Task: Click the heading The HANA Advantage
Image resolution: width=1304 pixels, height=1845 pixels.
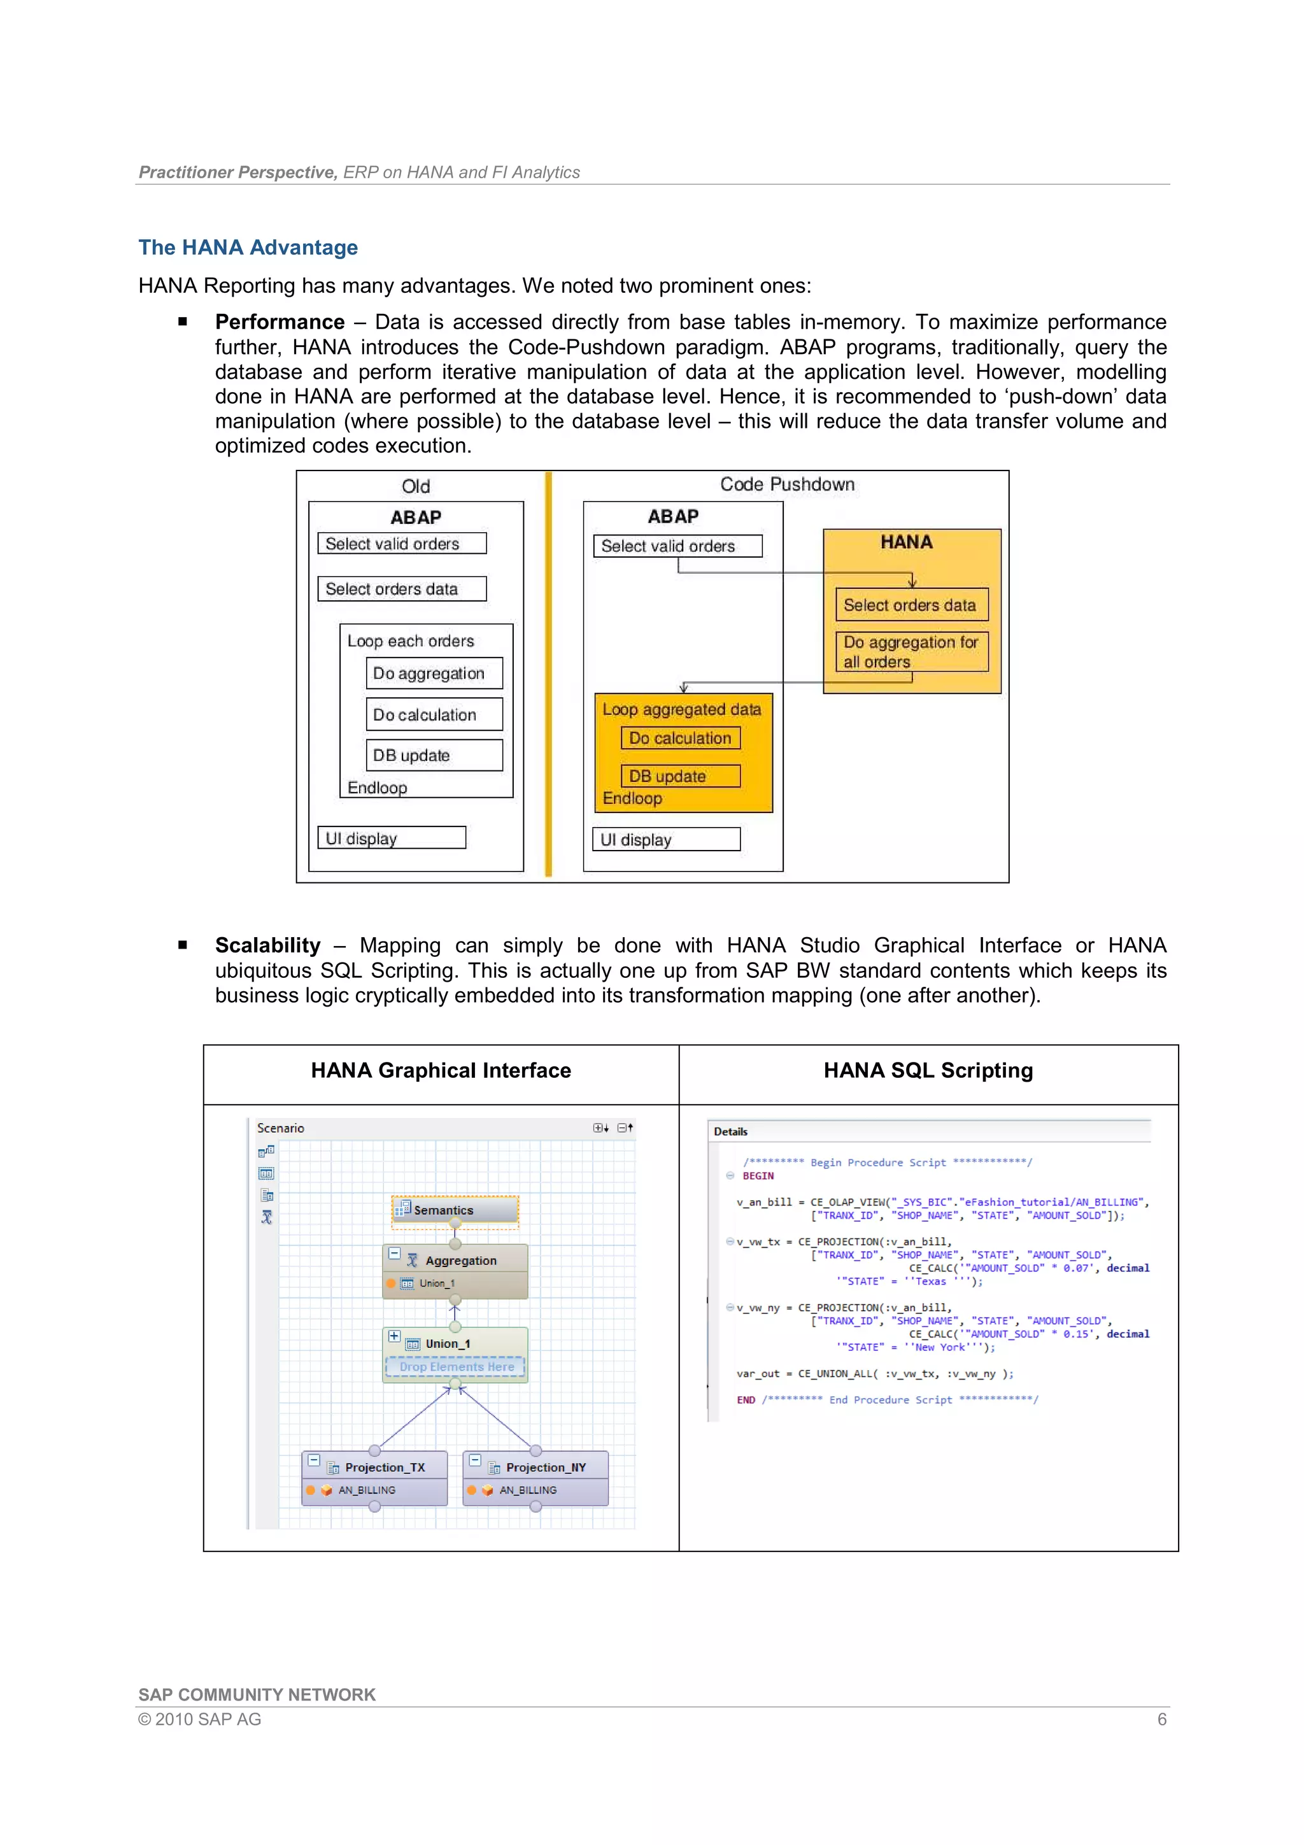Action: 248,248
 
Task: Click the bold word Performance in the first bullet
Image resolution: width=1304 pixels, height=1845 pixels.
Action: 280,322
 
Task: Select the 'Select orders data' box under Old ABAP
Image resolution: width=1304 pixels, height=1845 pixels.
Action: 402,589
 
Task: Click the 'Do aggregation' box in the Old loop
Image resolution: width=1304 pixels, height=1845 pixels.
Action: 434,674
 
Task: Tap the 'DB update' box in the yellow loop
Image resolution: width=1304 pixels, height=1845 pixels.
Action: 680,776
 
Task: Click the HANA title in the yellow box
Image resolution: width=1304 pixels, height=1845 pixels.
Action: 906,542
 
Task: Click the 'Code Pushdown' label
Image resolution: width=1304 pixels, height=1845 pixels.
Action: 786,484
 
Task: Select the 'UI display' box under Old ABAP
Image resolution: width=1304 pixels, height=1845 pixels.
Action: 392,838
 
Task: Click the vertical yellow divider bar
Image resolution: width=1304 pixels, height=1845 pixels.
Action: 549,675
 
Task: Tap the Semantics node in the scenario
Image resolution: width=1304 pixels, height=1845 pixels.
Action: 455,1210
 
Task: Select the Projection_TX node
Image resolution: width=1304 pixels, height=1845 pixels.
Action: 384,1467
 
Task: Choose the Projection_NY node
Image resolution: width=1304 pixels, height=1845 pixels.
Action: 545,1467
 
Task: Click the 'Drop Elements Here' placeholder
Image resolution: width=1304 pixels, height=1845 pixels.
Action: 455,1367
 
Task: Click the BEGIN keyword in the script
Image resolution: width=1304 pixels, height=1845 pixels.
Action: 758,1176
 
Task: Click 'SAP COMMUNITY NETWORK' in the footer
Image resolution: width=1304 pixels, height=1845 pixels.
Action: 257,1695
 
